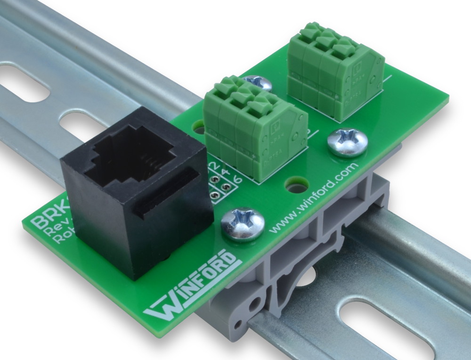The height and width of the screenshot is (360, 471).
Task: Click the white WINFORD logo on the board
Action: point(191,287)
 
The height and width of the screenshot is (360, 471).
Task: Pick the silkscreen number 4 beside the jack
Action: point(225,172)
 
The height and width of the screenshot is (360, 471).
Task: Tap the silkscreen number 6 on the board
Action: point(237,180)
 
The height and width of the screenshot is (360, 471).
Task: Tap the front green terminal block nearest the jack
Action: point(254,125)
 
